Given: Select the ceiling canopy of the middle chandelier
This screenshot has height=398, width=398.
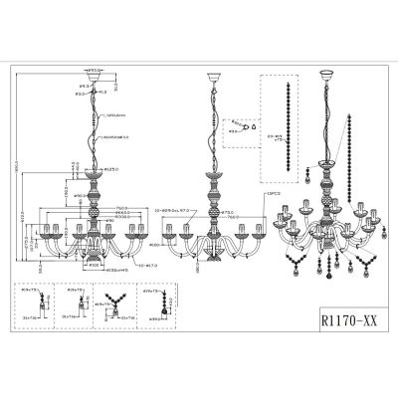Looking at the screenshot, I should pos(210,77).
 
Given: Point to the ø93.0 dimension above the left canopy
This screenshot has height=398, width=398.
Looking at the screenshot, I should pos(96,67).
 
